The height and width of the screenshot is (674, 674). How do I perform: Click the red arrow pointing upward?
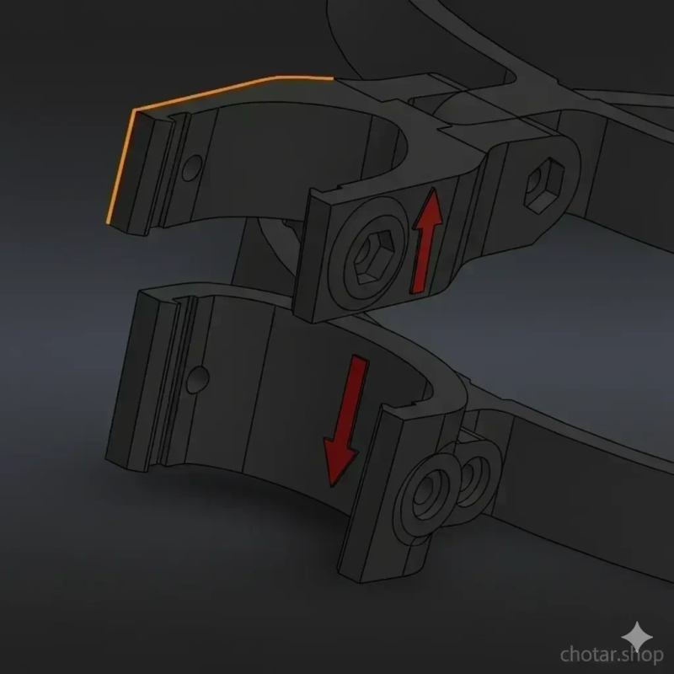click(426, 241)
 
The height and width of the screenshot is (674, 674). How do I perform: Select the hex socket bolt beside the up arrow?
click(373, 257)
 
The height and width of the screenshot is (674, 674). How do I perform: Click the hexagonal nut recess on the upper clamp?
click(544, 185)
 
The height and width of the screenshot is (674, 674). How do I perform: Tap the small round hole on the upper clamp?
click(192, 168)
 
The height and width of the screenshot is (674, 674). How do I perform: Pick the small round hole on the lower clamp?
click(198, 380)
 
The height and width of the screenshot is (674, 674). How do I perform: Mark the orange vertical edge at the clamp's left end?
click(120, 167)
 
